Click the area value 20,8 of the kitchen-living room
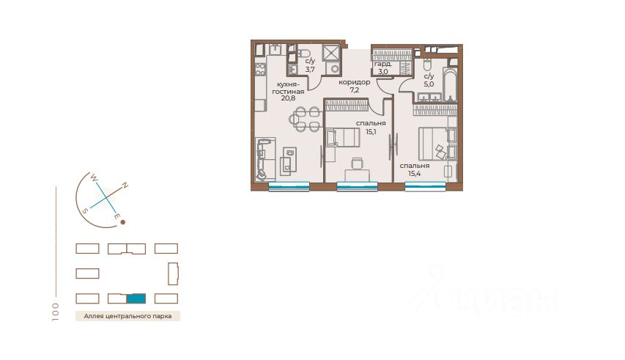tap(288, 98)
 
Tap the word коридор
tap(355, 82)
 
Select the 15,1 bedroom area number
tap(371, 131)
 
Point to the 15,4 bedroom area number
tap(415, 174)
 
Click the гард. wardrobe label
tap(383, 64)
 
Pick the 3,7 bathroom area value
tap(310, 70)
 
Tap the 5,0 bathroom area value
tap(429, 84)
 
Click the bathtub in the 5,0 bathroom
tap(450, 85)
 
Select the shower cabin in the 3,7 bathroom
tap(331, 52)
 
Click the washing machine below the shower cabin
tap(333, 69)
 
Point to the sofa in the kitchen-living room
tap(265, 158)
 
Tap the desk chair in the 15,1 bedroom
tap(357, 163)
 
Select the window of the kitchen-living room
tap(289, 186)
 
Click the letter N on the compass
tap(125, 185)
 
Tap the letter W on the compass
tap(94, 177)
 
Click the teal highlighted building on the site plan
tap(136, 298)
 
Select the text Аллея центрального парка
tap(127, 316)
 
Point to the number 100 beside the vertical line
tap(55, 312)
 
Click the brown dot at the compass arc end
tap(123, 222)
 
